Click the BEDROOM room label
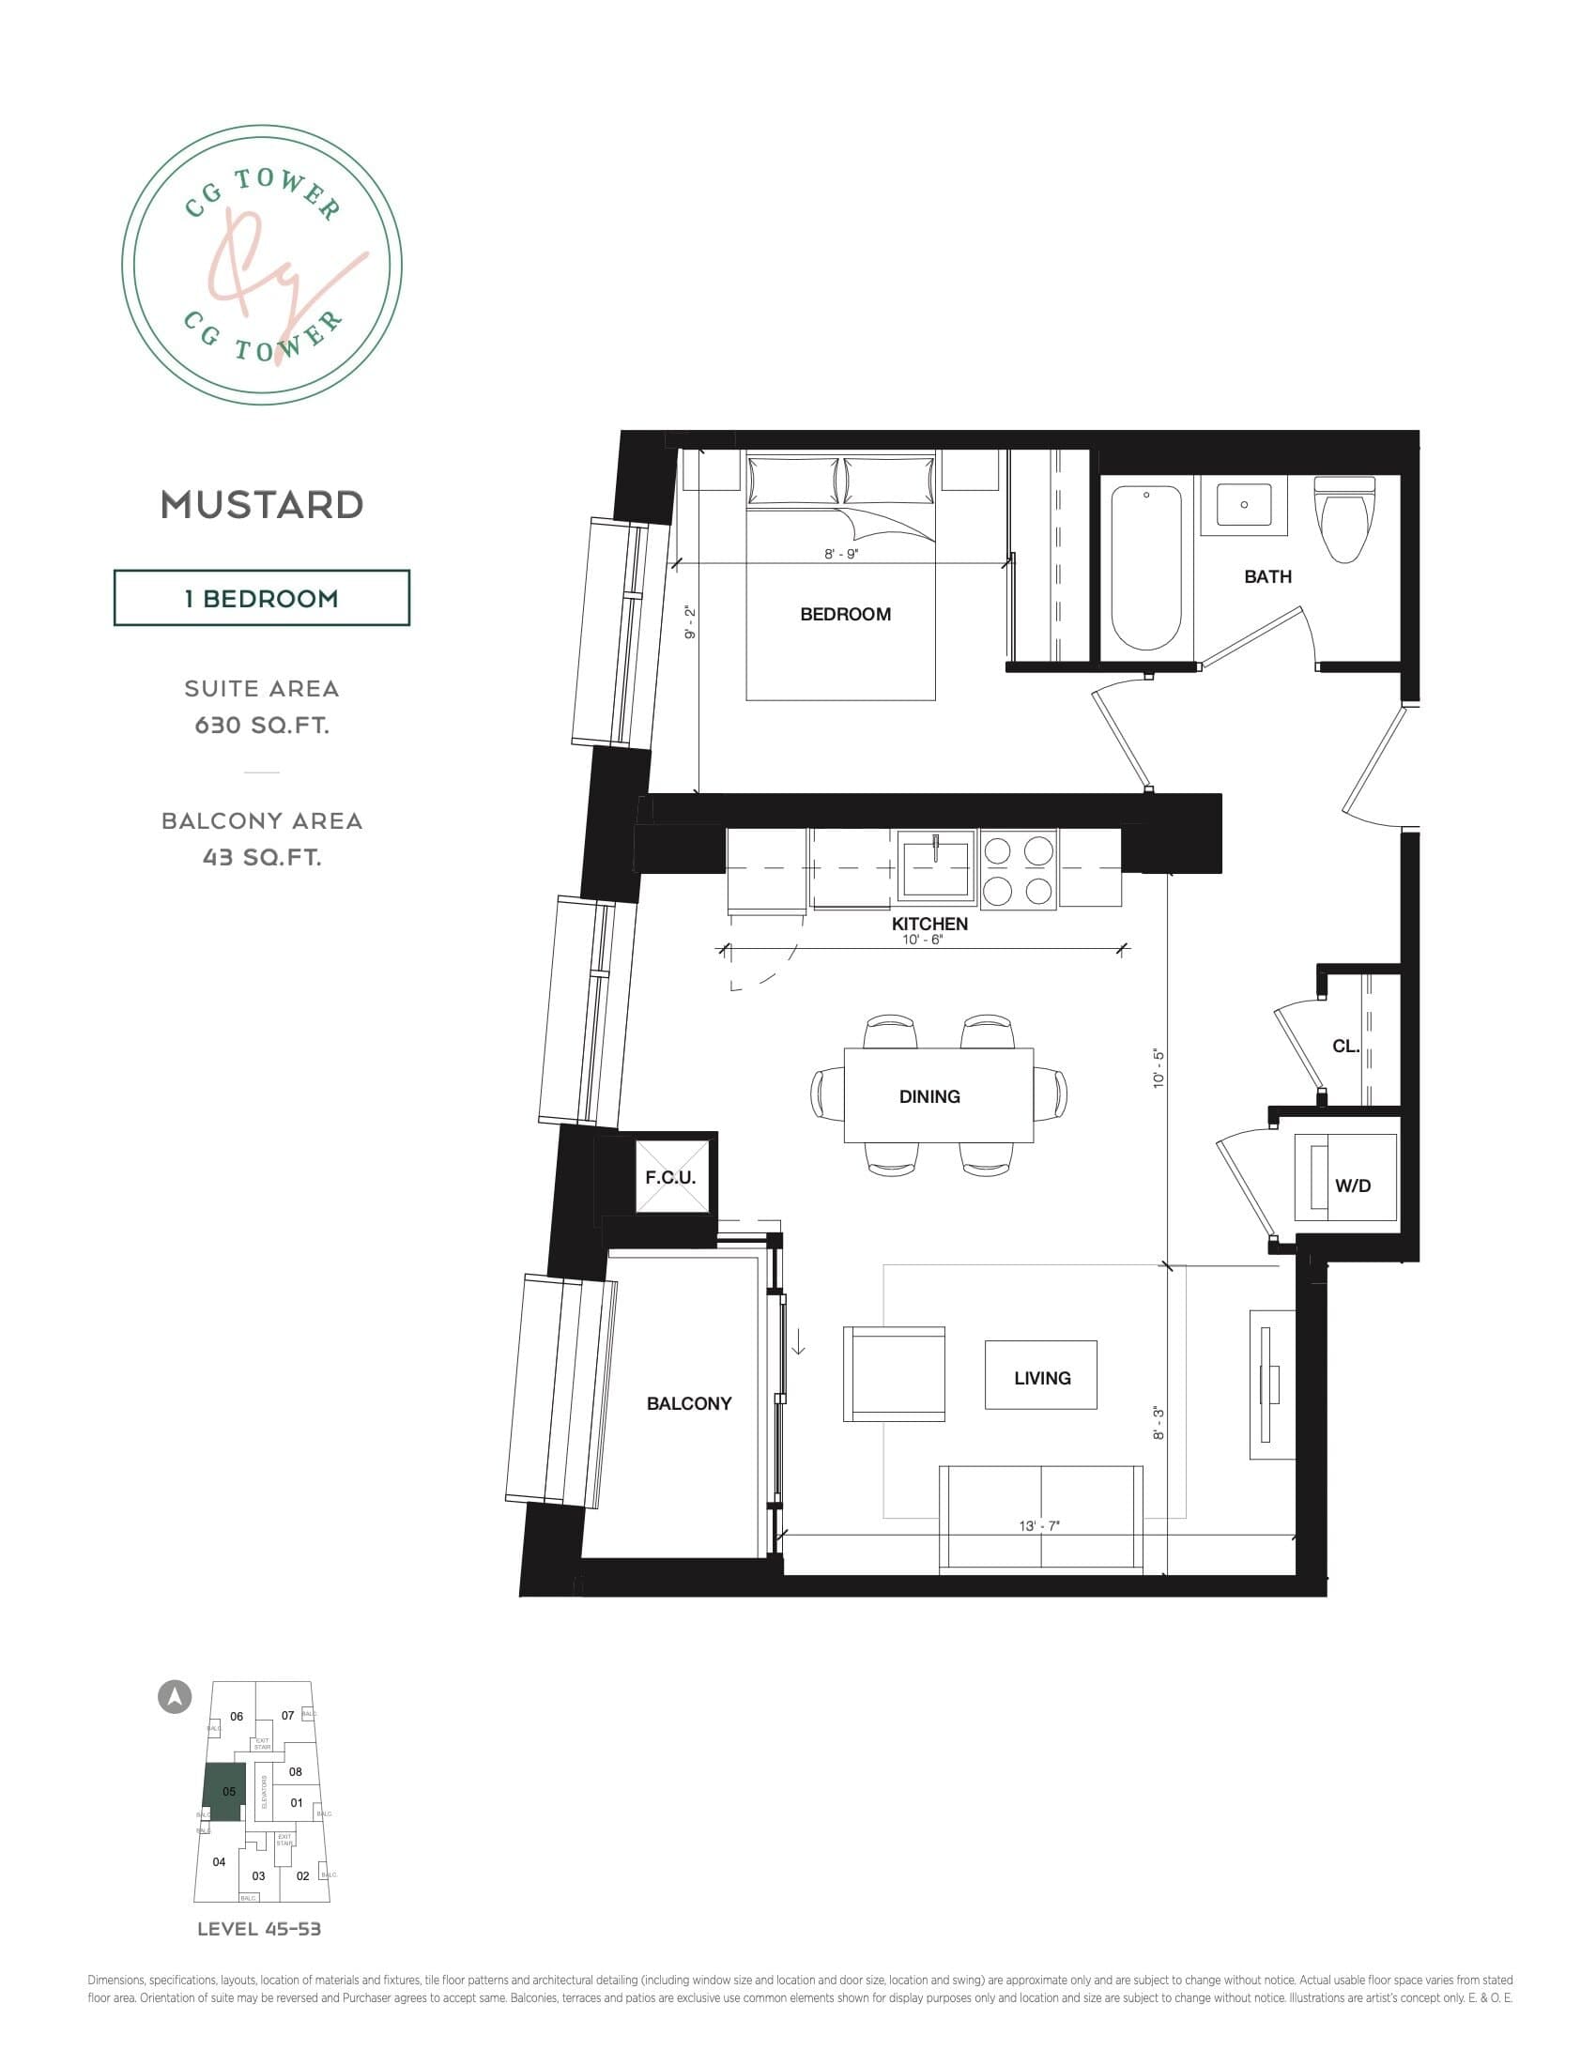coord(844,615)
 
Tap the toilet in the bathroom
coord(1343,521)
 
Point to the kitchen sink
coord(935,866)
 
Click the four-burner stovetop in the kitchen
coord(1019,871)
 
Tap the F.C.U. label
coord(670,1177)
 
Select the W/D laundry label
coord(1352,1185)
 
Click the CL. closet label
coord(1344,1047)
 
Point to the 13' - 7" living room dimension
coord(1039,1525)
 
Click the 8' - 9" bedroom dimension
coord(840,554)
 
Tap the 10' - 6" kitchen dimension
coord(922,940)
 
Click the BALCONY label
coord(688,1404)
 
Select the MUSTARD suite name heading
coord(262,505)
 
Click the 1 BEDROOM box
coord(262,598)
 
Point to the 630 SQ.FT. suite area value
coord(262,726)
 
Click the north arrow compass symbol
coord(174,1696)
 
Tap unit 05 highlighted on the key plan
coord(225,1791)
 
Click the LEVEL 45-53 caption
coord(259,1929)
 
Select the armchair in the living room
coord(894,1374)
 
